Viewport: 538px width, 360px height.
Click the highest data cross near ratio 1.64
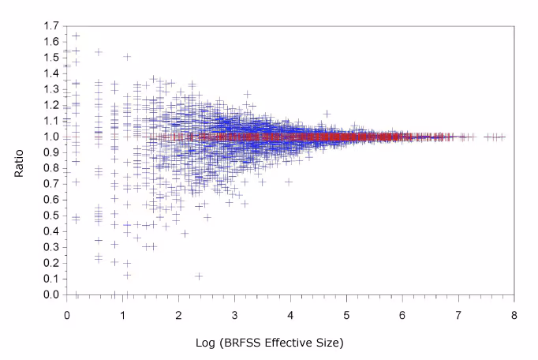pos(76,36)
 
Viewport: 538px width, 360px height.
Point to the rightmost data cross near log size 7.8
pos(502,137)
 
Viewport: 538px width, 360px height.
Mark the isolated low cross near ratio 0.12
pos(199,276)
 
